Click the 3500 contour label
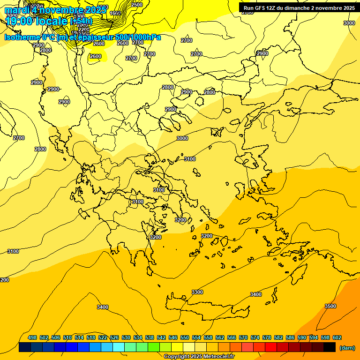click(330, 306)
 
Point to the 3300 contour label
click(197, 292)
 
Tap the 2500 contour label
click(137, 5)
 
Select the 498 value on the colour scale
click(32, 337)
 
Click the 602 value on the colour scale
click(337, 337)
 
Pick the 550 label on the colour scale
click(185, 337)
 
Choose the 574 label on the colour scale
click(255, 337)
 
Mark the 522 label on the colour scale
click(103, 337)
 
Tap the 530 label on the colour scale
click(126, 337)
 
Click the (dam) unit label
click(347, 347)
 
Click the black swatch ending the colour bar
click(330, 347)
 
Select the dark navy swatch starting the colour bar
click(25, 347)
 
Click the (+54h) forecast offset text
click(81, 21)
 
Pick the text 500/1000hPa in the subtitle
click(139, 37)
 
